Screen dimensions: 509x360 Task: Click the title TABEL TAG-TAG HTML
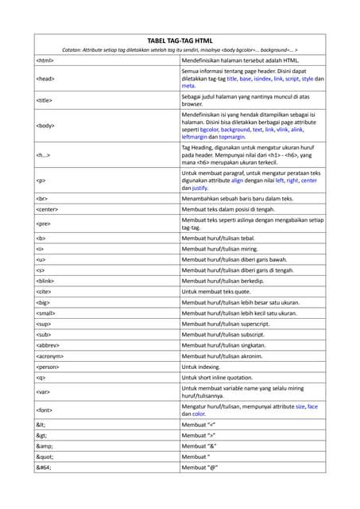[180, 40]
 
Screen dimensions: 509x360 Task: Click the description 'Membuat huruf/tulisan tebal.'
[227, 238]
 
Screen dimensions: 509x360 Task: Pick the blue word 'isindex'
[258, 80]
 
